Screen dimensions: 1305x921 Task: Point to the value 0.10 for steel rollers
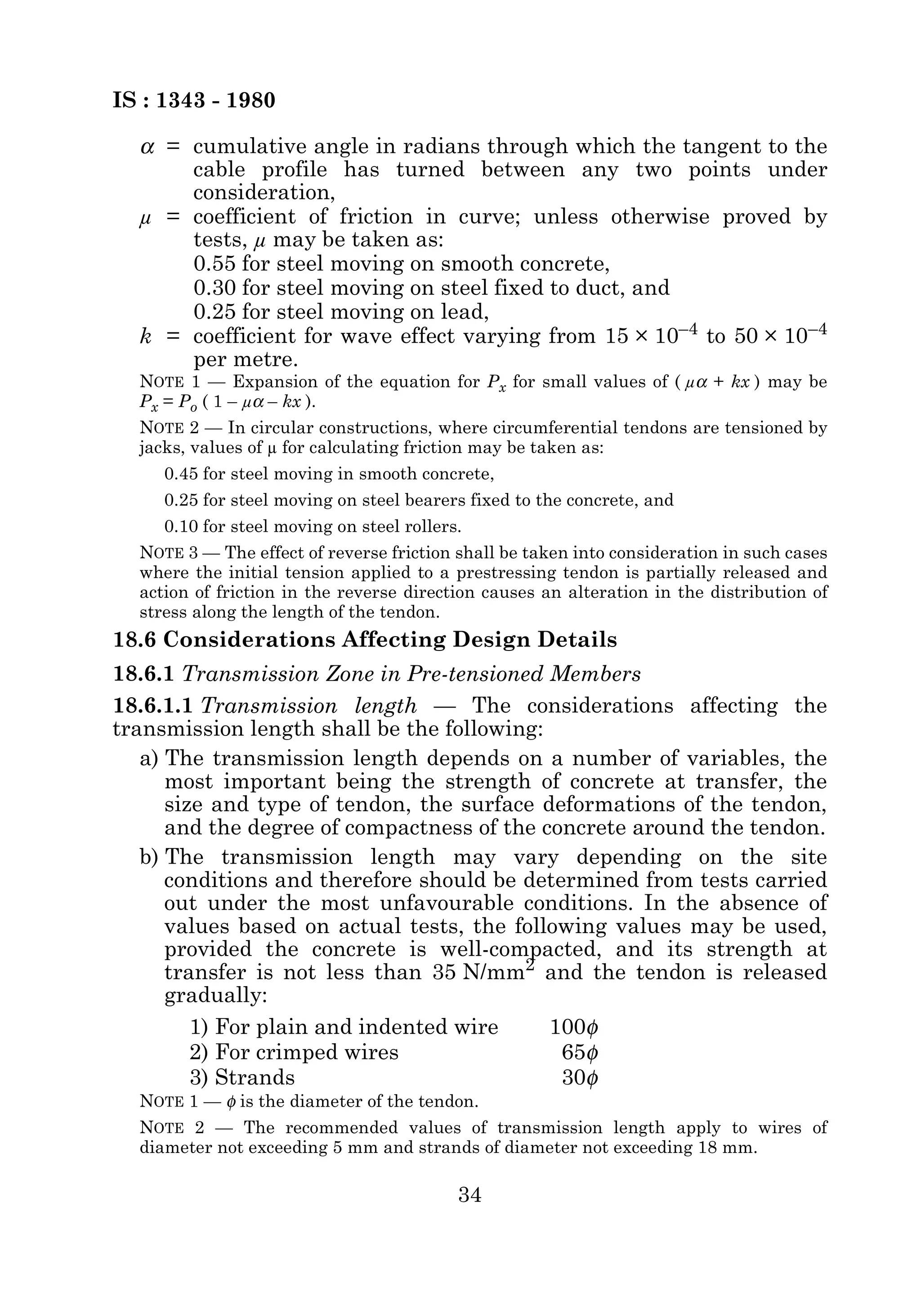click(181, 527)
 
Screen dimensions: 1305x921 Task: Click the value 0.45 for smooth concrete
click(181, 474)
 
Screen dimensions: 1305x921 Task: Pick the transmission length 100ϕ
click(574, 1027)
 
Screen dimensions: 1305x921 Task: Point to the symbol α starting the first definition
click(147, 147)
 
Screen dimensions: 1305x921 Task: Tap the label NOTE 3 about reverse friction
click(169, 553)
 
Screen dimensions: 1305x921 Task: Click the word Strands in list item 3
click(255, 1078)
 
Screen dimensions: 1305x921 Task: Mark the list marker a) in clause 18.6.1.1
click(151, 759)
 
